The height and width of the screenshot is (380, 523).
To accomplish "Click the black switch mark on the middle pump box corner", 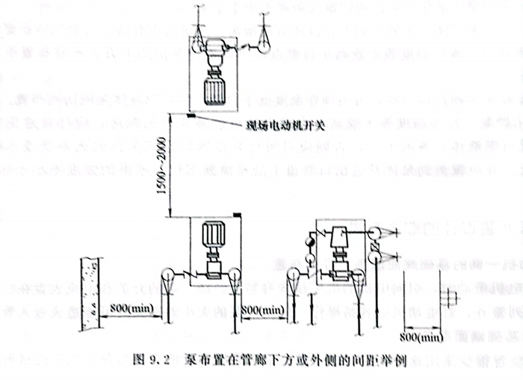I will point(237,216).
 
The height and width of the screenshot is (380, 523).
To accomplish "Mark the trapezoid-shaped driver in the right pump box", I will point(341,239).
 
